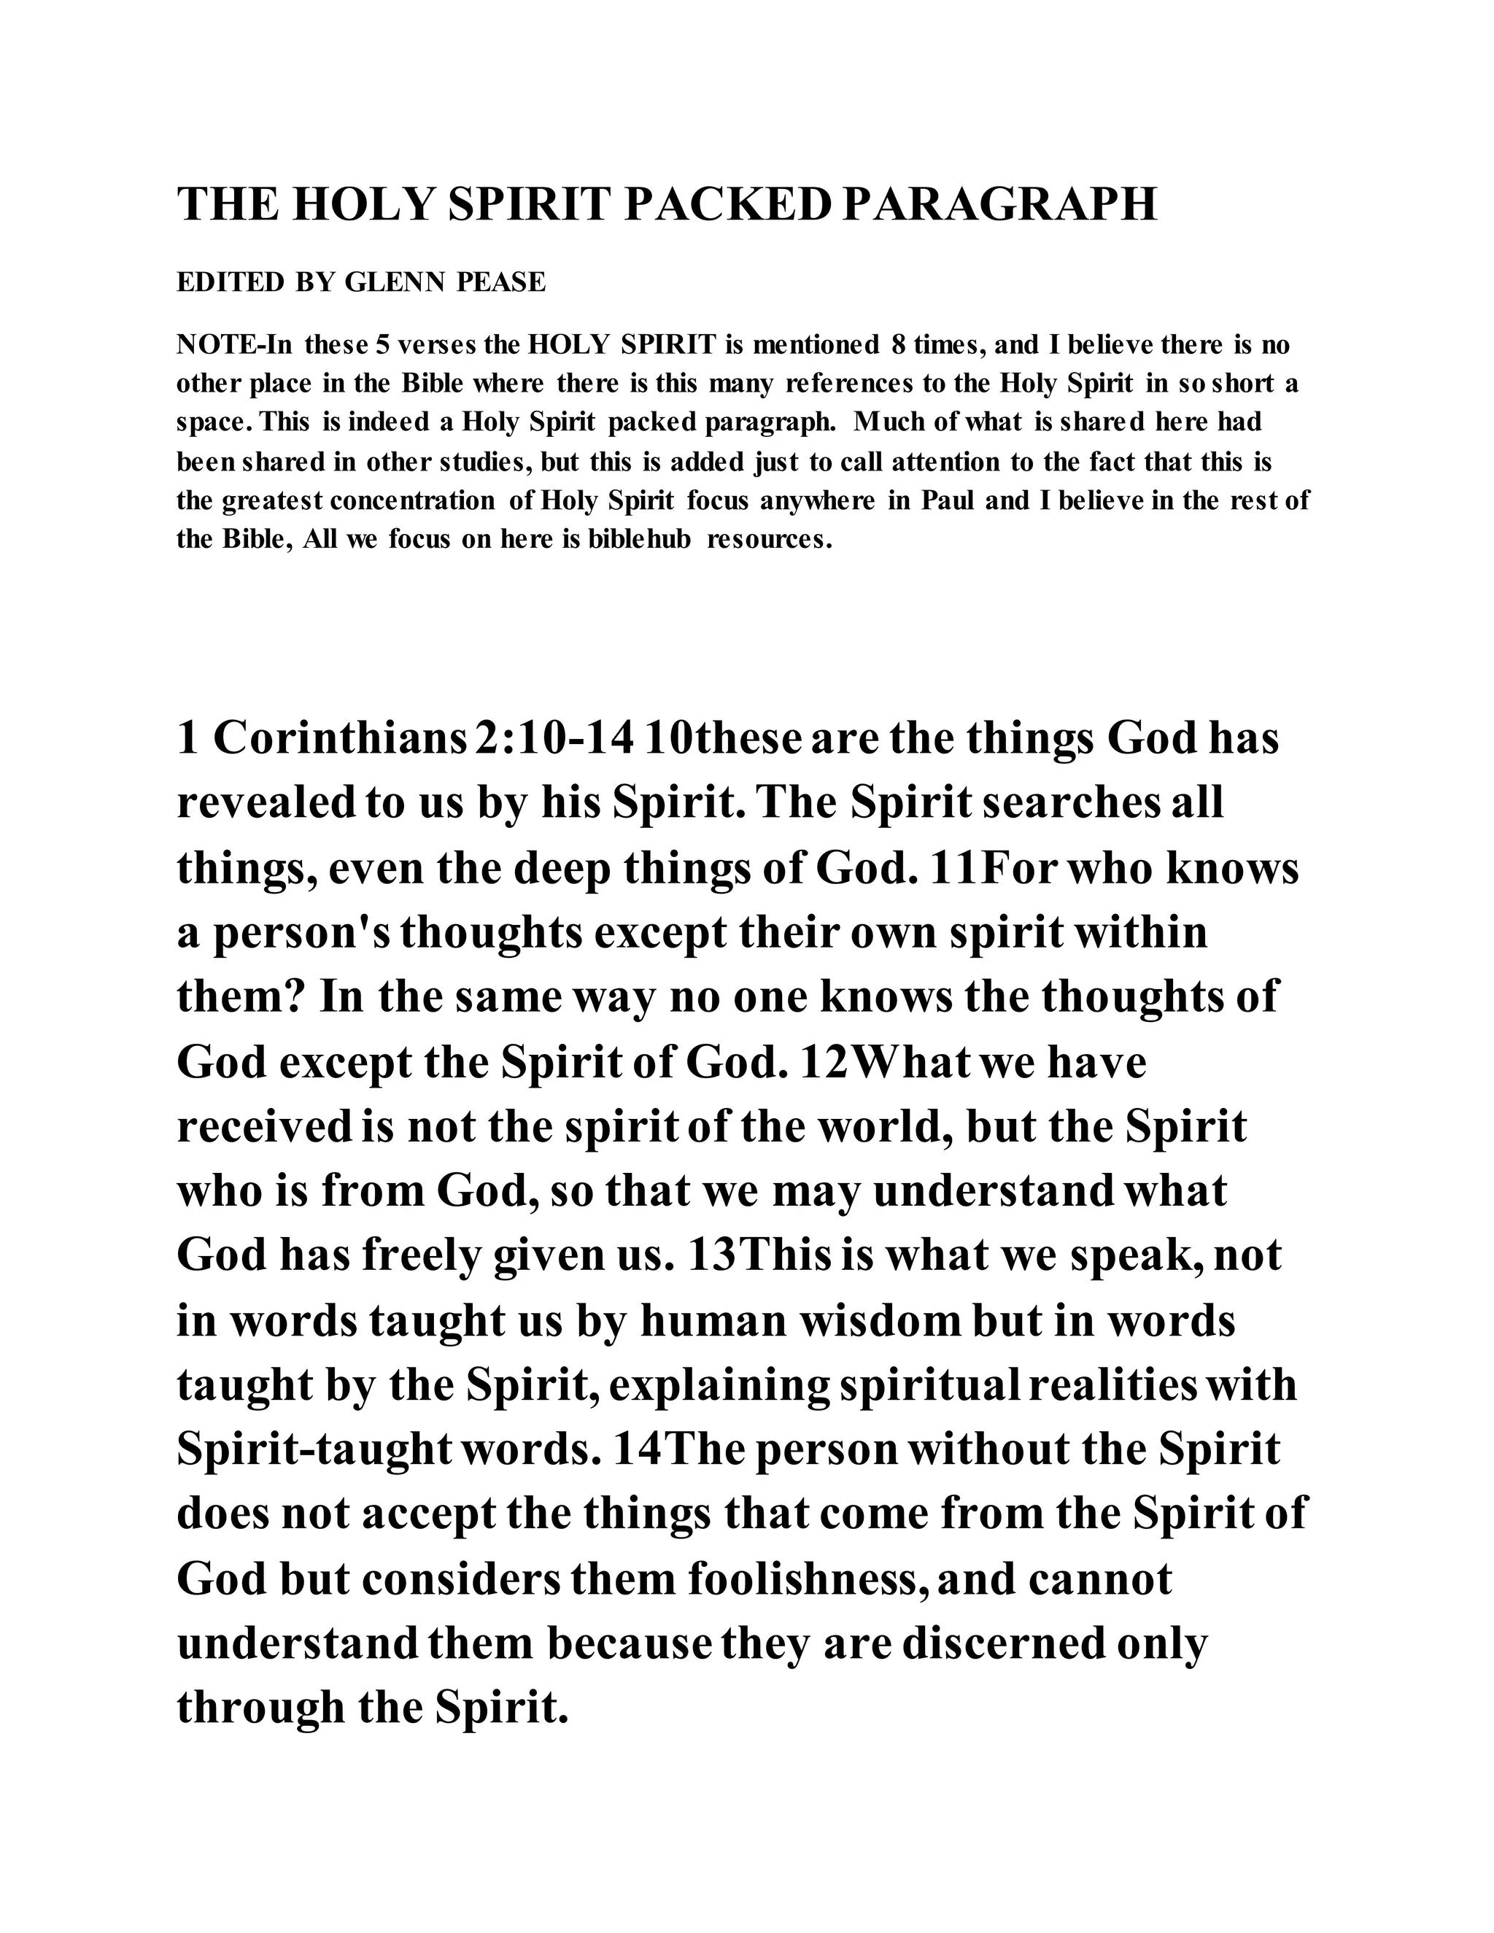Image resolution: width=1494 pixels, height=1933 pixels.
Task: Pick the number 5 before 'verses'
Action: tap(383, 344)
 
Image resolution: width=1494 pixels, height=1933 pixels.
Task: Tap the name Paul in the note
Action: tap(948, 501)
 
